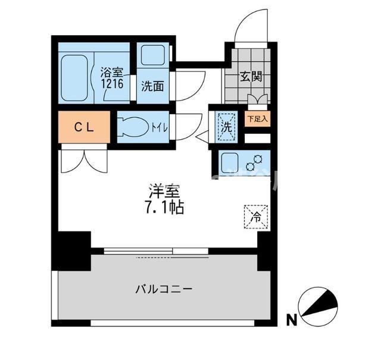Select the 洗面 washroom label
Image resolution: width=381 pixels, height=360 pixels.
click(x=152, y=85)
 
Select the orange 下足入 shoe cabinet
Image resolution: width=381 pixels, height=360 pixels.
click(x=257, y=118)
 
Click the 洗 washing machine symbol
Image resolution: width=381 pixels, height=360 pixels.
click(x=226, y=127)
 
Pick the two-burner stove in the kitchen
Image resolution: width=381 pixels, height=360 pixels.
click(x=258, y=161)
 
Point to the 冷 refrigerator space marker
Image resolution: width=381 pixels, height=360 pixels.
click(x=255, y=217)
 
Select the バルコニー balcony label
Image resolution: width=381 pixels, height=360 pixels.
click(x=163, y=290)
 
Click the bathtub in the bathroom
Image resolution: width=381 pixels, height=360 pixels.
click(x=74, y=76)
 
